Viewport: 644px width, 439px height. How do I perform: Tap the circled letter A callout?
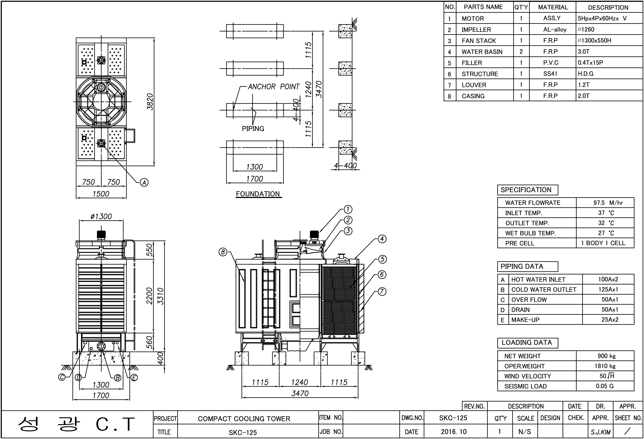point(144,182)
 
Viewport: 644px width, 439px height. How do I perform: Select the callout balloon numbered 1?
point(348,209)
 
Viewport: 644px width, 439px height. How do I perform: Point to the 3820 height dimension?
point(150,102)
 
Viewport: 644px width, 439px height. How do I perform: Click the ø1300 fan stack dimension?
point(101,216)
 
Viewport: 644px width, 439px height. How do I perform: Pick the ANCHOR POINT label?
point(274,87)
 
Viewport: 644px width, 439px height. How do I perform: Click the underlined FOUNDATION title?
point(258,194)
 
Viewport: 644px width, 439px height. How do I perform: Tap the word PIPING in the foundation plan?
point(253,129)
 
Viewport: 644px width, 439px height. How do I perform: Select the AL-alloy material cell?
point(555,29)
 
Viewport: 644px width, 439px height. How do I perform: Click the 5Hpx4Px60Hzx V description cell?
point(602,18)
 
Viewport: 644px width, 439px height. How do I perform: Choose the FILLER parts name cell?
point(472,63)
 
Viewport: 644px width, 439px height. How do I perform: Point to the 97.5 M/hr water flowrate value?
point(608,203)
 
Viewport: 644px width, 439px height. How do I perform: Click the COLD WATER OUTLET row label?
point(544,290)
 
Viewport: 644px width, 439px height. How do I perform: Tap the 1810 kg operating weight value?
point(605,366)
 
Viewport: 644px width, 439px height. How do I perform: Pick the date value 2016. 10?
point(454,432)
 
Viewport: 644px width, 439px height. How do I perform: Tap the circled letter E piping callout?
point(134,378)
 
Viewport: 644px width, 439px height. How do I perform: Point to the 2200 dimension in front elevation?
point(149,296)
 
